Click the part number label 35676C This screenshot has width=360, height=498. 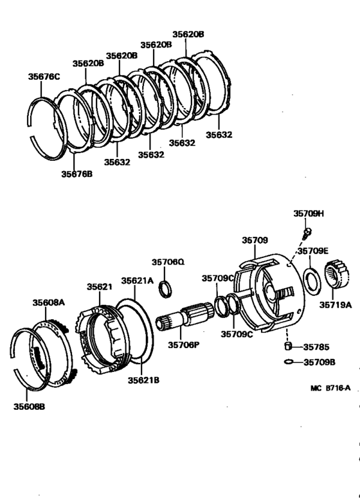click(x=44, y=77)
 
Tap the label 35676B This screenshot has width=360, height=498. click(x=76, y=174)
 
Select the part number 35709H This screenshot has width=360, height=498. click(x=309, y=213)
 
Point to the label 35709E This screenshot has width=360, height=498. click(x=312, y=251)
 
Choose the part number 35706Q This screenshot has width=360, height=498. click(x=168, y=262)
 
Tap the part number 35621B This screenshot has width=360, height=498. click(x=143, y=380)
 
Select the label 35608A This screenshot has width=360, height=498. click(x=49, y=301)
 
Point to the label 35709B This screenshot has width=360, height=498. click(x=319, y=362)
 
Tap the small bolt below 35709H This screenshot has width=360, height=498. click(x=307, y=231)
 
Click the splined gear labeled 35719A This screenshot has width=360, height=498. click(x=338, y=277)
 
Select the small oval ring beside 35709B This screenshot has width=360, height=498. click(x=289, y=362)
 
